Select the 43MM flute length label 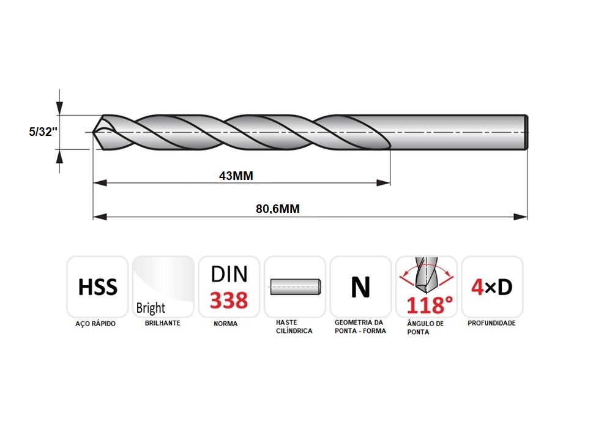(x=236, y=176)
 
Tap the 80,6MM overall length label (x=278, y=209)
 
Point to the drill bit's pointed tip (x=93, y=132)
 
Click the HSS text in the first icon (x=97, y=287)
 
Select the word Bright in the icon (x=151, y=308)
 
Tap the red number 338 (x=229, y=300)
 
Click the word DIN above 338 (x=229, y=274)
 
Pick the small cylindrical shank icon (x=296, y=287)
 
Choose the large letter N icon (x=360, y=287)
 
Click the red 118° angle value (x=430, y=305)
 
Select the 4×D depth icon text (x=492, y=287)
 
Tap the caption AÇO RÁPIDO (x=95, y=324)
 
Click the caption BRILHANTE (x=162, y=323)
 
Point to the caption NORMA (x=226, y=324)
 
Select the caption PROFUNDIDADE (x=492, y=323)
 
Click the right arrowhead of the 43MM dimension (x=383, y=183)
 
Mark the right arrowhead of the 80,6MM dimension (x=520, y=217)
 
